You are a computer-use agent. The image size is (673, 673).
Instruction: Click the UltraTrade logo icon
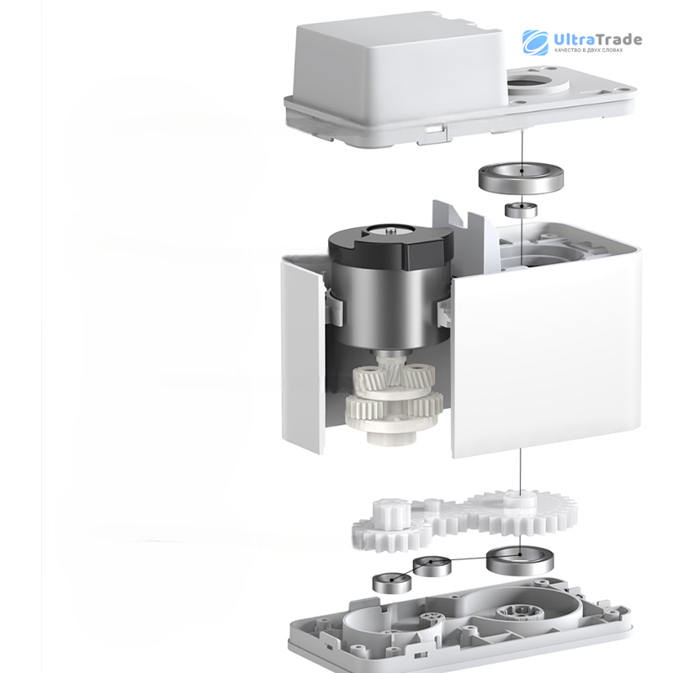point(535,43)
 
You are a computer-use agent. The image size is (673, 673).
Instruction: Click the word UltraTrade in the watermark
point(598,40)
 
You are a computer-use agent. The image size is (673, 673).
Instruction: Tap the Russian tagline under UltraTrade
point(588,50)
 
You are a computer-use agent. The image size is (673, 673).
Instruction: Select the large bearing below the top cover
point(521,178)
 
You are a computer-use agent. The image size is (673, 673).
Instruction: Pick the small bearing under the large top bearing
point(521,209)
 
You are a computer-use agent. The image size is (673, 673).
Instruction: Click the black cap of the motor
point(390,246)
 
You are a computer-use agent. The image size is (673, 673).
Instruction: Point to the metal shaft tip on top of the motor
point(390,231)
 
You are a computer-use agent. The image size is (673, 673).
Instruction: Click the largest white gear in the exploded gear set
point(522,513)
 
